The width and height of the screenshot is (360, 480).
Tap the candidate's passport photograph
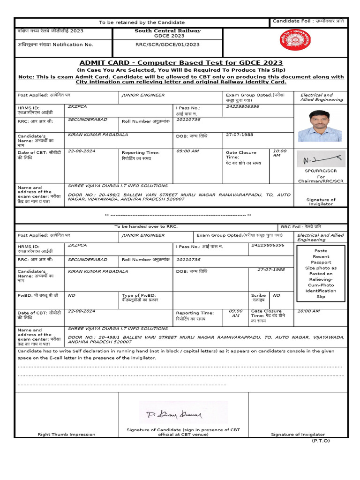pyautogui.click(x=321, y=126)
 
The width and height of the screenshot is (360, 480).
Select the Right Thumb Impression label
pyautogui.click(x=67, y=435)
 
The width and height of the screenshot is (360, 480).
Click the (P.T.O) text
pyautogui.click(x=321, y=441)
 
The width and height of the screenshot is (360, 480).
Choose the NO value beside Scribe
pyautogui.click(x=277, y=296)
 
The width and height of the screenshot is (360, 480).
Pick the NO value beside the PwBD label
pyautogui.click(x=71, y=296)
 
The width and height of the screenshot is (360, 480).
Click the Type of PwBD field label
pyautogui.click(x=139, y=298)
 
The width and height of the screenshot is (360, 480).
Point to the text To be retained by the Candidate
pyautogui.click(x=142, y=22)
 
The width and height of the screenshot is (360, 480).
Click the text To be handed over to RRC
pyautogui.click(x=146, y=226)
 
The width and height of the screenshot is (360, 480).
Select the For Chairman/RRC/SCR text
pyautogui.click(x=321, y=179)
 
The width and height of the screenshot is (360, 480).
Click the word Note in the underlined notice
pyautogui.click(x=25, y=77)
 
